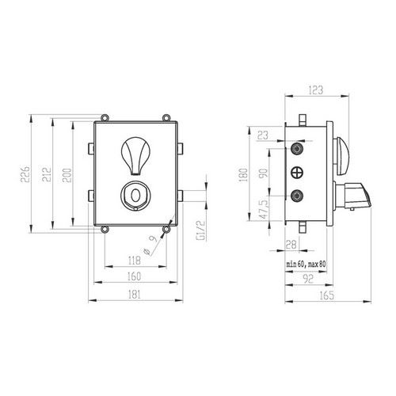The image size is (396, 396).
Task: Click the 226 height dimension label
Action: tap(25, 174)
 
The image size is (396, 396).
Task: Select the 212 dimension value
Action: tap(47, 174)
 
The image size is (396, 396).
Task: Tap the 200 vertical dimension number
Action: tap(67, 175)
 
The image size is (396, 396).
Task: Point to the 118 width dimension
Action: tap(135, 261)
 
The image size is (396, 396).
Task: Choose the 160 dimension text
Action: tap(135, 276)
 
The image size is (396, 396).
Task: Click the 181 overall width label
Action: tap(135, 295)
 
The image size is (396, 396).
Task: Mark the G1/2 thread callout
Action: tap(200, 230)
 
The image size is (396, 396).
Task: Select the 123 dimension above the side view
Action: tap(316, 90)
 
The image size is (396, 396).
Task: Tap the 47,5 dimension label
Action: tap(265, 209)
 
